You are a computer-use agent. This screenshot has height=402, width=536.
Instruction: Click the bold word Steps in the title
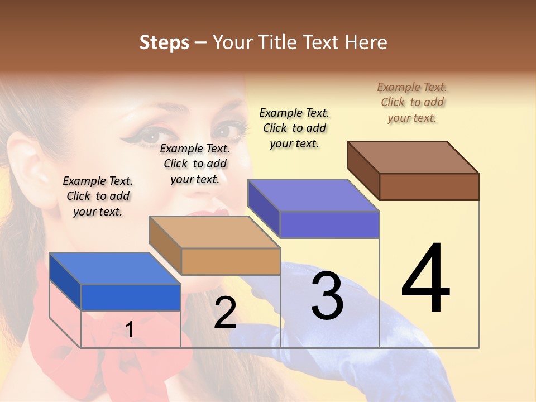point(164,42)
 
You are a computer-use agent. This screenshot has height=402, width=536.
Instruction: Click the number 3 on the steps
point(327,296)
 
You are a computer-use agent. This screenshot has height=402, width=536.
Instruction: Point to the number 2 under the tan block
point(225,313)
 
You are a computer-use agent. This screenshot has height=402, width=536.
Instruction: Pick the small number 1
point(130,330)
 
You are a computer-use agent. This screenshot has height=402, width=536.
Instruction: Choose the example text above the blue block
point(98,196)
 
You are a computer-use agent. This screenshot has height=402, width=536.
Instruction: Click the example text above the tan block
point(195,164)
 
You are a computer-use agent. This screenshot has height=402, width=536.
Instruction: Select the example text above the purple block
point(294,128)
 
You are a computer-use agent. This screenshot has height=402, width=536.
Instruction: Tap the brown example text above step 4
point(412,102)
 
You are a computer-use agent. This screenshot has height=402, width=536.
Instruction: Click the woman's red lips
point(215,215)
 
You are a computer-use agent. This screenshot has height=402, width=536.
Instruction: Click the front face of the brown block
point(429,186)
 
